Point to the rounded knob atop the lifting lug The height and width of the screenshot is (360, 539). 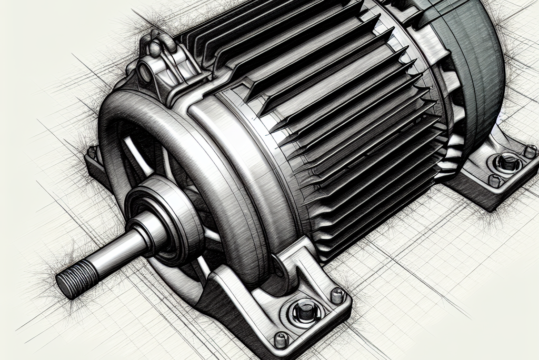pyautogui.click(x=156, y=48)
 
